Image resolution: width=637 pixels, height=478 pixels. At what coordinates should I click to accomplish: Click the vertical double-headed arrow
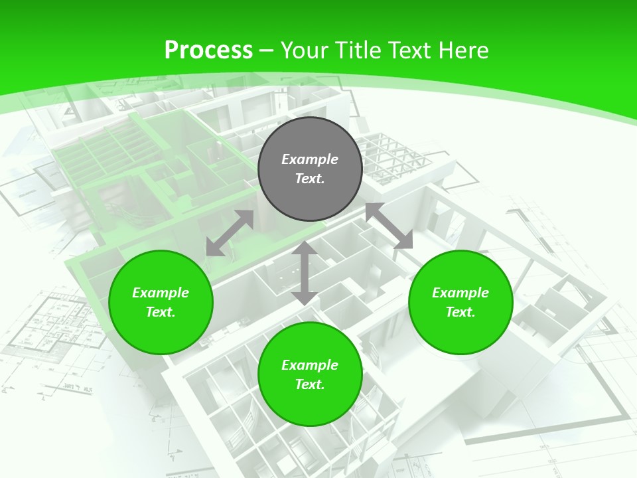tap(304, 273)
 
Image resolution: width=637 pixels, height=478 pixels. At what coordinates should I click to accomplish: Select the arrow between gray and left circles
tap(230, 233)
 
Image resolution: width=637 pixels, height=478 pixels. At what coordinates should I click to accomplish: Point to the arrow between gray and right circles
tap(389, 226)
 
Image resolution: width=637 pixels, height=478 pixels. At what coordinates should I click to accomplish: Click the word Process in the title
tap(208, 50)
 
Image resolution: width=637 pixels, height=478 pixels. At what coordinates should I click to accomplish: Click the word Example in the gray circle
tap(310, 159)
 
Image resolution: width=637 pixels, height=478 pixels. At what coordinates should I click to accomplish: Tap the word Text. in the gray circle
tap(310, 179)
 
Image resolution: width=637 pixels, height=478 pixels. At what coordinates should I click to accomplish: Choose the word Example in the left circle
tap(161, 293)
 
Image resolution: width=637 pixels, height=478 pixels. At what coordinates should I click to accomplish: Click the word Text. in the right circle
tap(460, 312)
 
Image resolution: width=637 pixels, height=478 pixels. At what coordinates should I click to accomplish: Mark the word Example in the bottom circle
tap(310, 365)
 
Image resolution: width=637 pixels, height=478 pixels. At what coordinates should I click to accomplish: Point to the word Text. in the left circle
tap(161, 312)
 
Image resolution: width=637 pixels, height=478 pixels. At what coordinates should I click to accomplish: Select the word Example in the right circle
tap(460, 293)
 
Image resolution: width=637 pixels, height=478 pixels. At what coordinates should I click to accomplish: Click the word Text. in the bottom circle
tap(310, 384)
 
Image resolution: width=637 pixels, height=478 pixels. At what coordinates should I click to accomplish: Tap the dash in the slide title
tap(267, 50)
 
